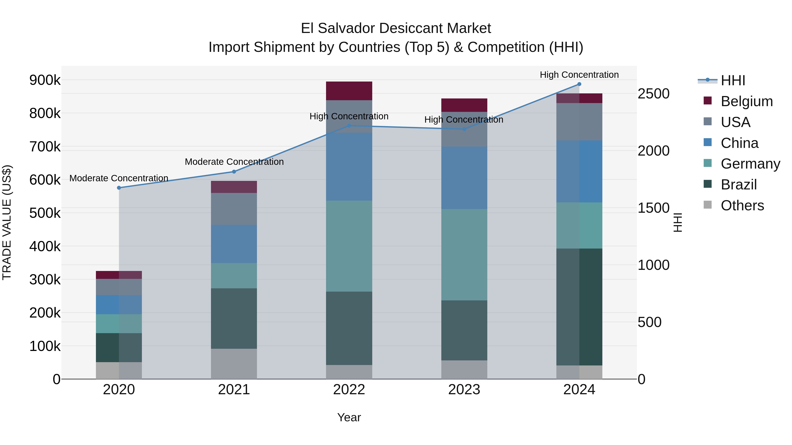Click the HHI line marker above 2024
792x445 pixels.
(x=579, y=84)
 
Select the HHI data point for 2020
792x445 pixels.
(x=119, y=188)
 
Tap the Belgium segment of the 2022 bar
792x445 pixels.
(x=349, y=91)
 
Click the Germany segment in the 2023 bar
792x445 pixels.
(x=464, y=255)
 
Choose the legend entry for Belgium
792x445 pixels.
(x=746, y=101)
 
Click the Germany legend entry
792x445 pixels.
(x=750, y=164)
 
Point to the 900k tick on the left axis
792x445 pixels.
(x=45, y=80)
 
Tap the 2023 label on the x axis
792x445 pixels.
(x=464, y=390)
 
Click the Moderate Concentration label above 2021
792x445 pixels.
(x=234, y=162)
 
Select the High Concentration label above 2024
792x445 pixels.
(x=579, y=75)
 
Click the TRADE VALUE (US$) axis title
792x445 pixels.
(x=7, y=222)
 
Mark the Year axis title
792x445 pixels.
(x=349, y=417)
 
